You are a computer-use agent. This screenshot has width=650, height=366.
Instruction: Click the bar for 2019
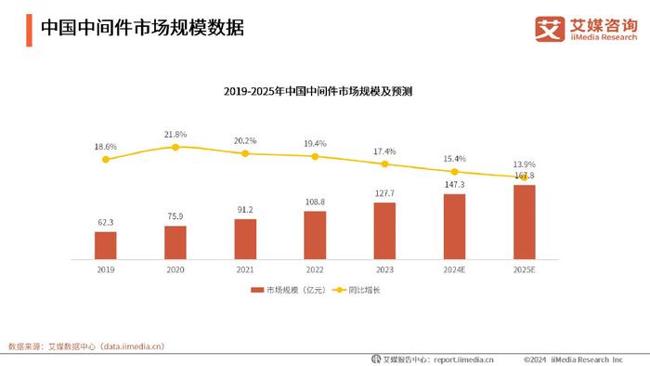point(106,244)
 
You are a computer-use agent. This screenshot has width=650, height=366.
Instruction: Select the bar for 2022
point(315,234)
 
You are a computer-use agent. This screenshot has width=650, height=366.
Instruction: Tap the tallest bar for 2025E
point(524,221)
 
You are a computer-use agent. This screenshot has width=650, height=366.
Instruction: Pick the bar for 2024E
point(454,226)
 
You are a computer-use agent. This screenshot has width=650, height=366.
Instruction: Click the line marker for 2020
point(175,147)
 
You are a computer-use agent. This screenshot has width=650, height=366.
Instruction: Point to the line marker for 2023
point(384,163)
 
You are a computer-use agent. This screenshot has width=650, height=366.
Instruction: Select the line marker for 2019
point(106,160)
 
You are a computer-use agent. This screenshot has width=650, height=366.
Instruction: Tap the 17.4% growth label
point(384,150)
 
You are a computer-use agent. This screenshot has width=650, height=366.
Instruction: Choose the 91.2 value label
point(245,209)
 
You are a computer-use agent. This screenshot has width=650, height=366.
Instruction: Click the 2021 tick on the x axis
point(245,268)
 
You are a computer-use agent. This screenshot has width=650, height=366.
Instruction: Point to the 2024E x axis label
point(454,268)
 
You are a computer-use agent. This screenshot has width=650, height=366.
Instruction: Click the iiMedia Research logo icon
point(551,29)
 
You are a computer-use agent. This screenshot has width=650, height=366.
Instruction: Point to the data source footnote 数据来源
point(85,346)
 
